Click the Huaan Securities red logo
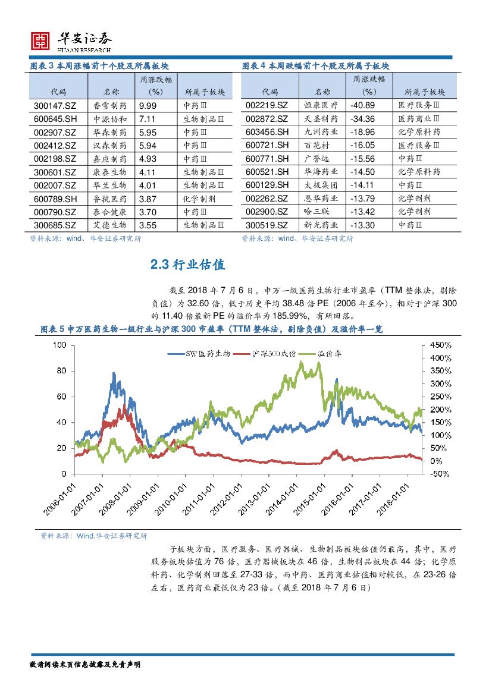pyautogui.click(x=40, y=40)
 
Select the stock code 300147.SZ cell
pyautogui.click(x=50, y=105)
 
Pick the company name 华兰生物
pyautogui.click(x=111, y=185)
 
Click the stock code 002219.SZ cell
pyautogui.click(x=267, y=105)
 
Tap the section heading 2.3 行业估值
pyautogui.click(x=188, y=265)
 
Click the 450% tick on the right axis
pyautogui.click(x=438, y=345)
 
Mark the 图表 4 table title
pyautogui.click(x=315, y=66)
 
